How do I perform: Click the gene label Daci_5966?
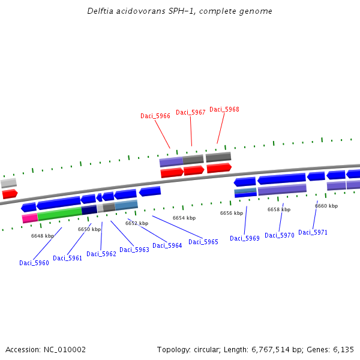[155, 116]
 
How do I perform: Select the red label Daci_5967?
[191, 112]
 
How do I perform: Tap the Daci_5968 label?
[224, 109]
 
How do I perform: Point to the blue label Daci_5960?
[34, 263]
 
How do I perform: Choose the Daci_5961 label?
[68, 258]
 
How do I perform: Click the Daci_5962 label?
[101, 254]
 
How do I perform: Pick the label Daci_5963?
[134, 250]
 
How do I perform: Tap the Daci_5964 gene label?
[167, 245]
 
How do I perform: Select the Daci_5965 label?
[203, 242]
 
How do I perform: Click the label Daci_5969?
[245, 238]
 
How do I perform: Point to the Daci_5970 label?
[280, 235]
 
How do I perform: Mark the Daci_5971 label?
[313, 232]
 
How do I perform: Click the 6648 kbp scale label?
[43, 236]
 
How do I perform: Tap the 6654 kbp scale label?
[184, 218]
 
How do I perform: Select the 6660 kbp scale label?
[326, 206]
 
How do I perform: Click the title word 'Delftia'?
[100, 11]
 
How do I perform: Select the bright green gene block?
[59, 213]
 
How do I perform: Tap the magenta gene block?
[30, 218]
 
